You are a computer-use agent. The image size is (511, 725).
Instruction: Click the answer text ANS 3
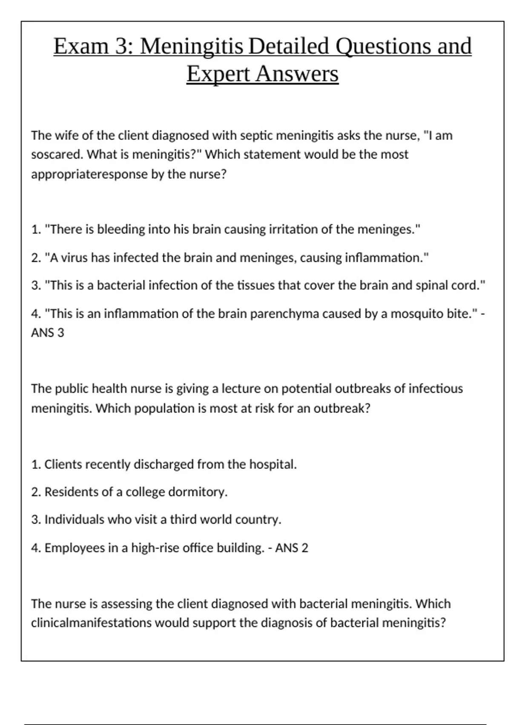tap(48, 333)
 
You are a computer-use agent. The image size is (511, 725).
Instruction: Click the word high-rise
tap(155, 548)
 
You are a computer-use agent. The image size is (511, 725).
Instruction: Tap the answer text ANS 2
tap(292, 548)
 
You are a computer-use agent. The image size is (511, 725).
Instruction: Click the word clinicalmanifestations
tap(91, 623)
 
